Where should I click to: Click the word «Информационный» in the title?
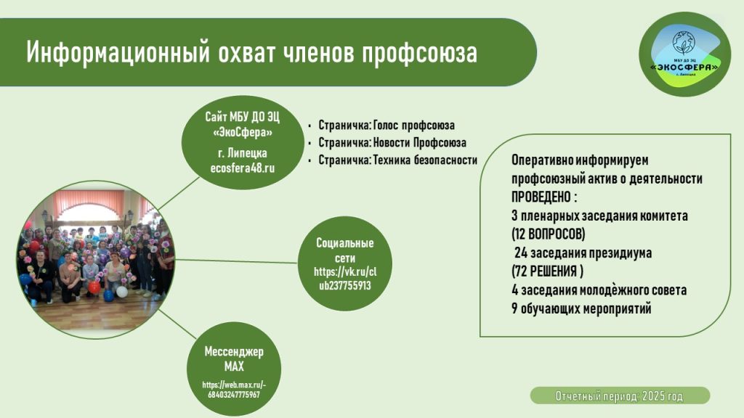118,52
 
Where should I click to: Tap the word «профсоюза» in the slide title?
419,53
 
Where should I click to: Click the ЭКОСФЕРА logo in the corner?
684,54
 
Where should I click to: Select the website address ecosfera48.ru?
243,168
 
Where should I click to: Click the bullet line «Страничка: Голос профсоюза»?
387,125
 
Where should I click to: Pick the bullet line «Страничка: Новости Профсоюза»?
392,143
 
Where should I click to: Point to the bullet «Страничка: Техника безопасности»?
397,160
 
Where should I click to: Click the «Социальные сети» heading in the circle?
345,250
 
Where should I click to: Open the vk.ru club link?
345,279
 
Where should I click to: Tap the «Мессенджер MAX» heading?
234,358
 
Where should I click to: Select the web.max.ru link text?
234,390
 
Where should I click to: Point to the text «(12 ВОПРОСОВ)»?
548,234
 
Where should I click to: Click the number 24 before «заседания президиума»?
520,253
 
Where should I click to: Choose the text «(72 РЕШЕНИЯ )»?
548,271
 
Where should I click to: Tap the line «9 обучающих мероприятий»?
581,308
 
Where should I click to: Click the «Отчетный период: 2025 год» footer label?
619,396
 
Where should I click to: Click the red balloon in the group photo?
94,287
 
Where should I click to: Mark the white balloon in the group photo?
122,292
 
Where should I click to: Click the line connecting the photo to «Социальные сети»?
236,261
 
